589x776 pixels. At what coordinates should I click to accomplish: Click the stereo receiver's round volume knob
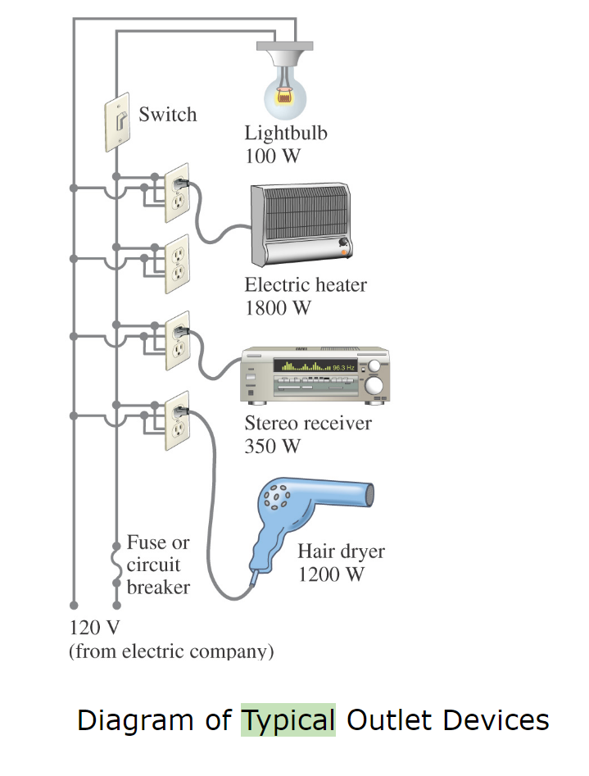[x=374, y=385]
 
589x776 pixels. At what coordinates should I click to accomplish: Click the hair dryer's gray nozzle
[x=367, y=494]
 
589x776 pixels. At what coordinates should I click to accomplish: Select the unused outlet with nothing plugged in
[x=177, y=264]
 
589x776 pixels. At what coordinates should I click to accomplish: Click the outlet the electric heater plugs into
[x=177, y=193]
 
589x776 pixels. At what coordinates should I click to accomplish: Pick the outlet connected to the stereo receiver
[x=177, y=341]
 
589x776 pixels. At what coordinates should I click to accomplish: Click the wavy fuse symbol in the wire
[x=116, y=565]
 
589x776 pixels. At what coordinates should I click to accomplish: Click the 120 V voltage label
[x=97, y=629]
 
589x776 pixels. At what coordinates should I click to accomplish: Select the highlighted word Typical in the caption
[x=288, y=719]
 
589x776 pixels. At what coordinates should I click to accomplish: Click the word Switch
[x=168, y=114]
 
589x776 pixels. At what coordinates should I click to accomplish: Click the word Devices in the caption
[x=496, y=719]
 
